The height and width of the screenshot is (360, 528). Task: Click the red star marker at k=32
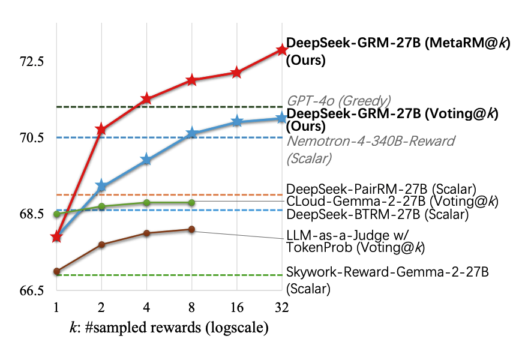click(x=282, y=50)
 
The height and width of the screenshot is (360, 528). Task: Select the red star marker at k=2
click(x=101, y=129)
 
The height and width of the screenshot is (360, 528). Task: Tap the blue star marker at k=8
click(x=191, y=133)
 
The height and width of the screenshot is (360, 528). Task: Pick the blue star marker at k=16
click(x=237, y=122)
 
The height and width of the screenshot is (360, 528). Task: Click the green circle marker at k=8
click(x=191, y=203)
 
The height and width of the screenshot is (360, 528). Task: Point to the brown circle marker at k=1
click(x=56, y=272)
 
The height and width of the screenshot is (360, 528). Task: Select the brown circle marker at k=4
click(x=146, y=233)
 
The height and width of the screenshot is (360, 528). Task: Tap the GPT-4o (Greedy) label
click(x=338, y=100)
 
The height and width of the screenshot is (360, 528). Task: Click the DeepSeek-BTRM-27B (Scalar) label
click(x=377, y=214)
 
